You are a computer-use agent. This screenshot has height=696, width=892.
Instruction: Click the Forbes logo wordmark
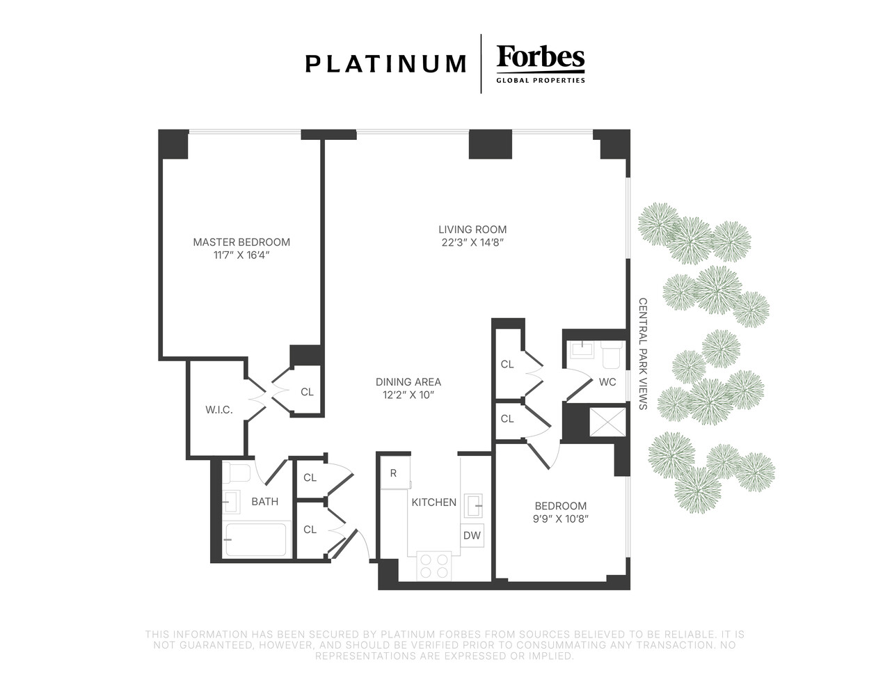[540, 57]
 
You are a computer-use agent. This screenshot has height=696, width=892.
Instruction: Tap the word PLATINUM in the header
[385, 64]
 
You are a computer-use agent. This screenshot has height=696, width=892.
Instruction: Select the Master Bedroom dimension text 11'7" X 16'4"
[241, 255]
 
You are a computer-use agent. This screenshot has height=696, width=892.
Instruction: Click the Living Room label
[472, 229]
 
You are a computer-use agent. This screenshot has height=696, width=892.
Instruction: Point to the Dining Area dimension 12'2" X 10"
[408, 395]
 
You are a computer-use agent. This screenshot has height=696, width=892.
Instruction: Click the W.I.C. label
[218, 409]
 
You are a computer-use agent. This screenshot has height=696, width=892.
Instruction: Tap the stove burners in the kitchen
[434, 566]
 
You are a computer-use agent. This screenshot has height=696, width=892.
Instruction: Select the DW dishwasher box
[472, 535]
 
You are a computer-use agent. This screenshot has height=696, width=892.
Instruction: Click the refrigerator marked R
[395, 473]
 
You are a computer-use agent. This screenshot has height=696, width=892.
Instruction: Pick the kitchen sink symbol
[474, 506]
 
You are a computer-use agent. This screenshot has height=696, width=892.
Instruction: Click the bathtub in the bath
[256, 539]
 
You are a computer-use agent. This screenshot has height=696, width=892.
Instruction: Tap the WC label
[607, 382]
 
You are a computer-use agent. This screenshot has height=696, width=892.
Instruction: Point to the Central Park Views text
[643, 354]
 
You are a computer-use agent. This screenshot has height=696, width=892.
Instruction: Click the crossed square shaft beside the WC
[607, 422]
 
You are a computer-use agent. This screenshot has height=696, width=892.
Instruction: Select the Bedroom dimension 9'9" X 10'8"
[561, 519]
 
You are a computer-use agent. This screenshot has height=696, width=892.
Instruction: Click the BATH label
[265, 501]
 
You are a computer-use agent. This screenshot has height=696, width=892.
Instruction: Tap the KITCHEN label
[434, 503]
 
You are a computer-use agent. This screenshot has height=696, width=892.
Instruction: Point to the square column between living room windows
[490, 144]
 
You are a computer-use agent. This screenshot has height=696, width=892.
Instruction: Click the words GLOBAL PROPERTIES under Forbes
[541, 81]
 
